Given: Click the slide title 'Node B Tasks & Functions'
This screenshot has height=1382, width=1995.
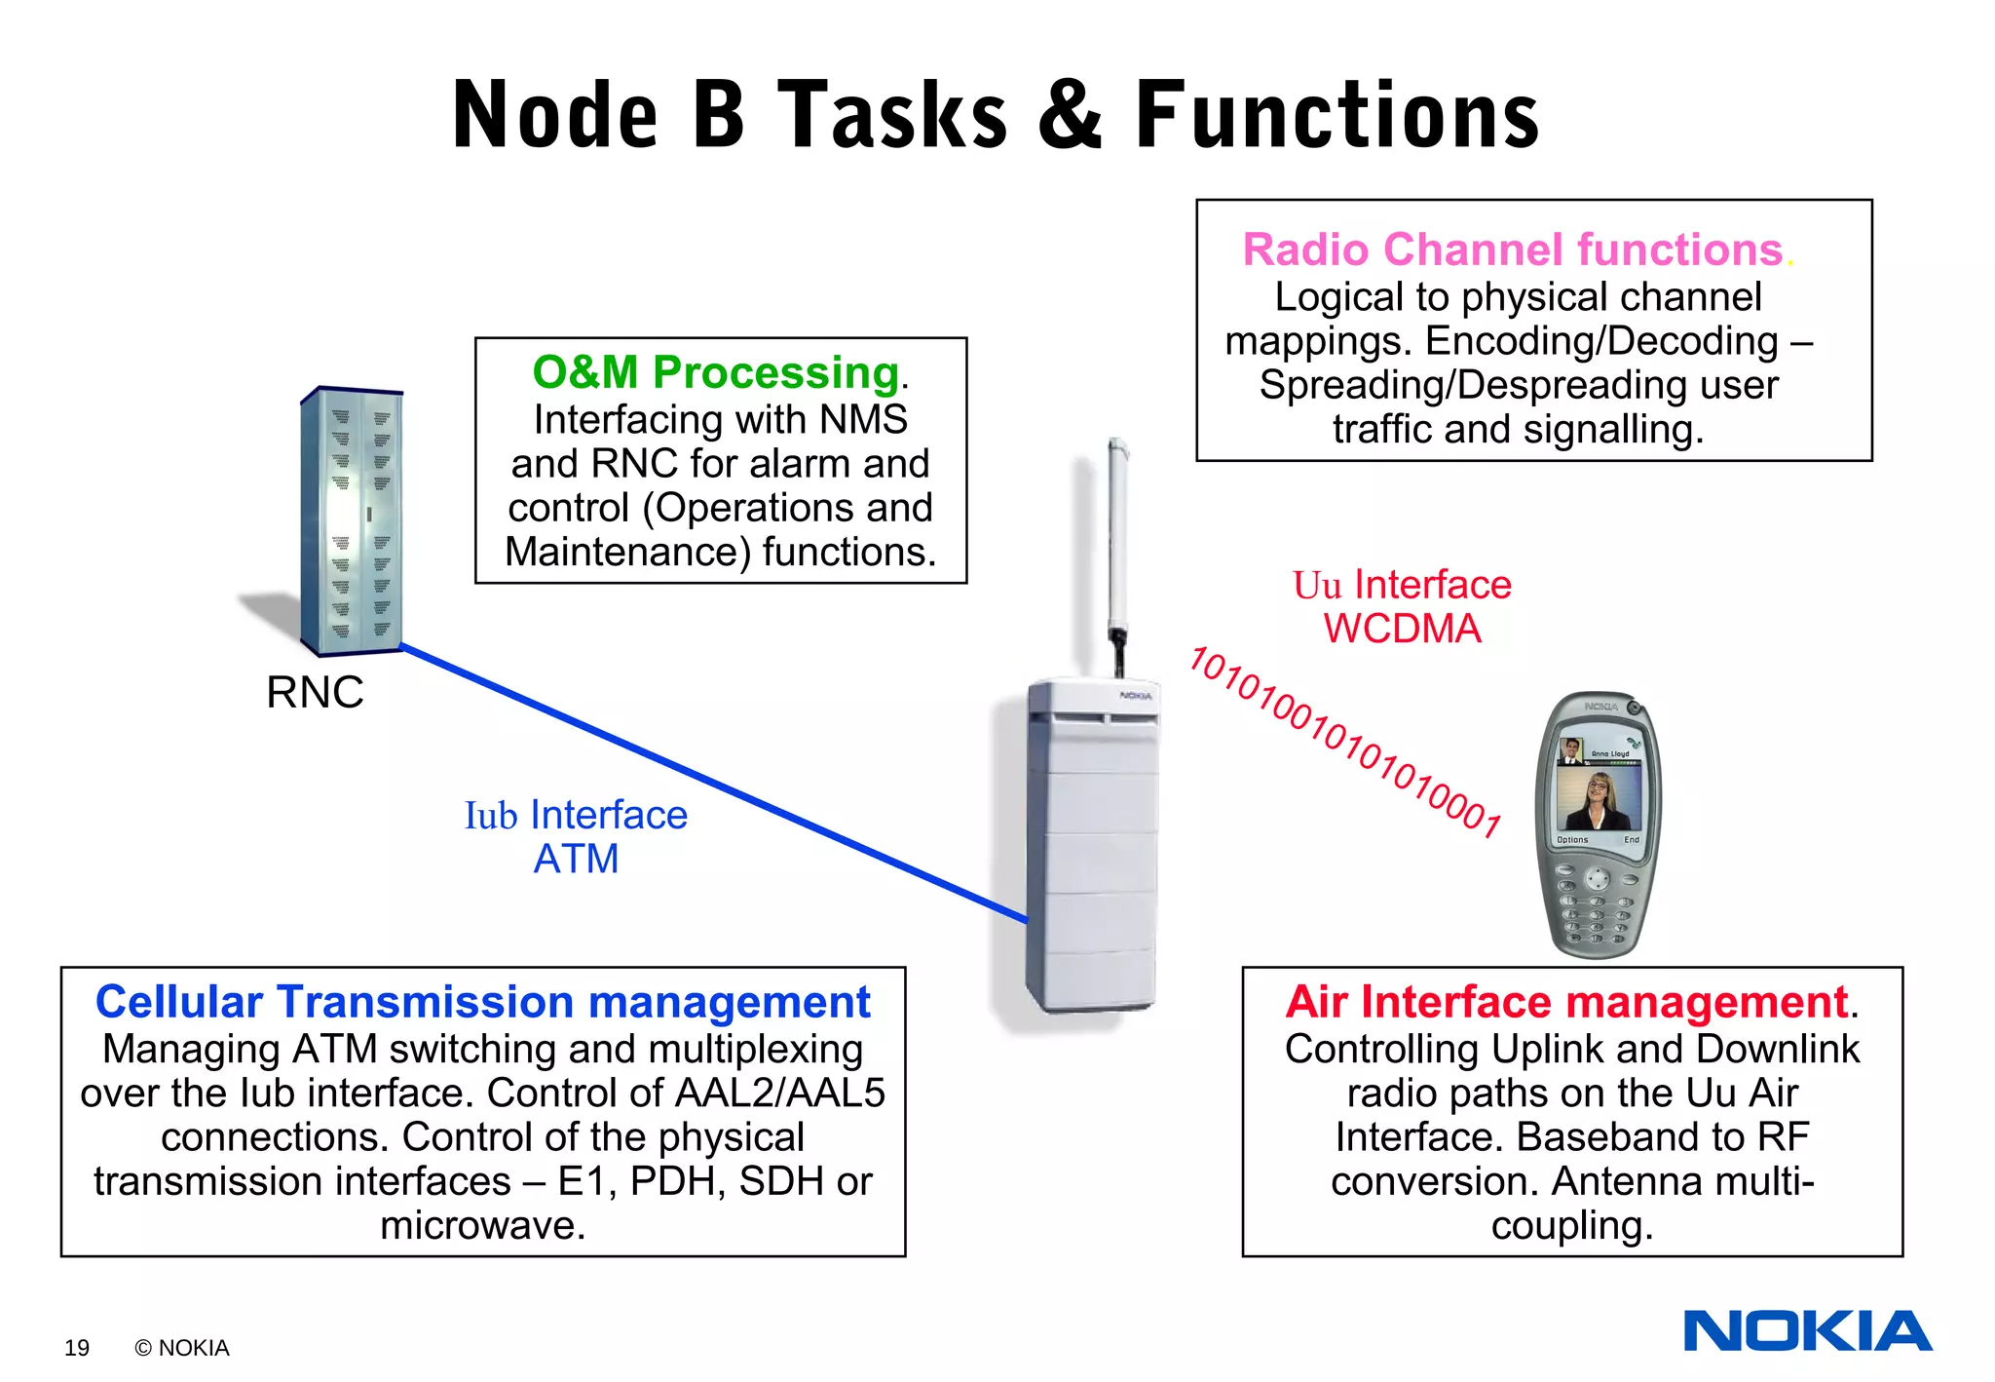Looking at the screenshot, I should pos(996,115).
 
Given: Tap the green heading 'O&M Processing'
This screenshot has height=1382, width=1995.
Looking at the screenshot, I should pos(715,372).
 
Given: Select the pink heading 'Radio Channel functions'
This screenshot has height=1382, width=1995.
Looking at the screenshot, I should pos(1512,250).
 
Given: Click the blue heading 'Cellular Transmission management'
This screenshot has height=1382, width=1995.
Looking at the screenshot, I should pos(482,1002).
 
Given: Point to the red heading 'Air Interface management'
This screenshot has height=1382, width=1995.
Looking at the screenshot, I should pos(1565,1002).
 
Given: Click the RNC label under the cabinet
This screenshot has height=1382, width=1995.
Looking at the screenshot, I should pos(315,693).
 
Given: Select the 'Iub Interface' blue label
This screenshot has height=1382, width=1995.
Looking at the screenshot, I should pos(576,815).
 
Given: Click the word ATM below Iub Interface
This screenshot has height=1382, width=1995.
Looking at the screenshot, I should pos(576,860).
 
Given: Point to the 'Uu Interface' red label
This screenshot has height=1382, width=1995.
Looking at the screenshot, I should pos(1402,585).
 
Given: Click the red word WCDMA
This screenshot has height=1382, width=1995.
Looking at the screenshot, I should pos(1402,630).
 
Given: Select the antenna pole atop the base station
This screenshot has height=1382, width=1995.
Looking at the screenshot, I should pos(1118,546).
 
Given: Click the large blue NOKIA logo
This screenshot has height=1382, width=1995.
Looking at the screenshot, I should pos(1807,1331).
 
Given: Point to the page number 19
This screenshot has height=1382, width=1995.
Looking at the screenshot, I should pos(77,1348).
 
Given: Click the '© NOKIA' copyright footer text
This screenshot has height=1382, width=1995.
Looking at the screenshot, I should pos(182,1348).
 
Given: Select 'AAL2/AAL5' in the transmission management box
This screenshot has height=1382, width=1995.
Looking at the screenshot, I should pos(779,1094).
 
